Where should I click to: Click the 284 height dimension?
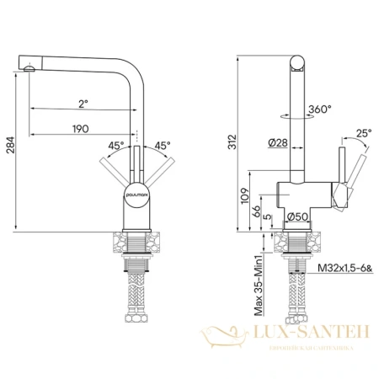click(x=9, y=152)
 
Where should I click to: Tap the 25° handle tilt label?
click(x=363, y=132)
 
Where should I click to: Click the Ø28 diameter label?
click(x=280, y=144)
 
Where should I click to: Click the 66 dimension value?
click(x=256, y=212)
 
